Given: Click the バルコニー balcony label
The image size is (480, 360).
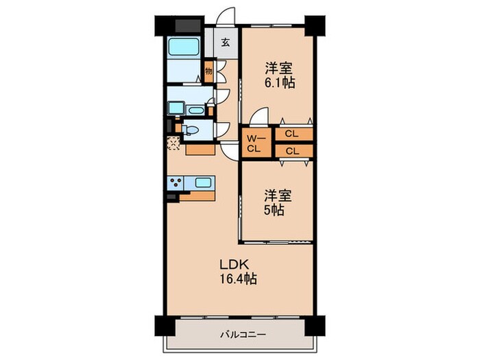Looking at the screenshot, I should tap(242, 336).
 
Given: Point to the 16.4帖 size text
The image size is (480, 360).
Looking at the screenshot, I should tap(238, 280).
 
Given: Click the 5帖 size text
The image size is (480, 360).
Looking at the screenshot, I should tap(276, 210).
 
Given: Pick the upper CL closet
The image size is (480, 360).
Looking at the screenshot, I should tap(291, 134).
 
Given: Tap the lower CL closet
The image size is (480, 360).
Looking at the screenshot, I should tap(291, 151).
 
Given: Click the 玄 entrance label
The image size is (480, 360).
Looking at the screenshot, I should tap(226, 42).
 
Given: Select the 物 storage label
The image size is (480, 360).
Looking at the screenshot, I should tap(208, 71).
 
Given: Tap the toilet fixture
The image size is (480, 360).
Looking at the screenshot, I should tap(192, 129).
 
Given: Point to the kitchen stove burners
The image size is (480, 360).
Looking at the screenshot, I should tap(177, 183).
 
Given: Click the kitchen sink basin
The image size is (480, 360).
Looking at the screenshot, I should tap(204, 183).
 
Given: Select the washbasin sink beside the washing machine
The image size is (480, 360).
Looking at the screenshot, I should tap(195, 109).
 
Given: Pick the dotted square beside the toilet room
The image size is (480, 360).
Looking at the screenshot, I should tap(173, 143).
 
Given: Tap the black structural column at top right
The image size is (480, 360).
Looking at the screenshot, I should tap(314, 25).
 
